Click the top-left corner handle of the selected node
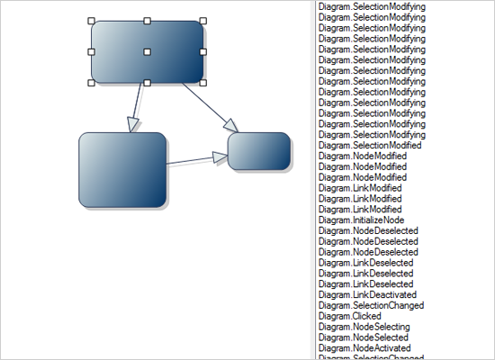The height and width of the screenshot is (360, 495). pos(91,21)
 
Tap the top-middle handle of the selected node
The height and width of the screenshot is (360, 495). pos(147,21)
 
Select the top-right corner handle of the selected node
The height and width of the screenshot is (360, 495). pos(202,21)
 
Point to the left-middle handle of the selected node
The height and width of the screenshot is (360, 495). pos(91,52)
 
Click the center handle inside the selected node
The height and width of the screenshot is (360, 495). pos(147,52)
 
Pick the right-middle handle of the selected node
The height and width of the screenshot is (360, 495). pos(202,52)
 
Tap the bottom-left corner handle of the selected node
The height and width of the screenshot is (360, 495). pos(91,83)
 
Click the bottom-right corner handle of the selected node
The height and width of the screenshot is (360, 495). pos(202,83)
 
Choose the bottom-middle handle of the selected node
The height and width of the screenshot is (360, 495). pos(147,83)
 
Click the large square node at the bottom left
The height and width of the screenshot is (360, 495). pos(122,170)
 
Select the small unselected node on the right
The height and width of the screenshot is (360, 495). pos(259,150)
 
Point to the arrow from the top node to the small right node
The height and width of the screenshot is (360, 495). pos(210,106)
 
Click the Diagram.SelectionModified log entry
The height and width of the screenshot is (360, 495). pos(370,145)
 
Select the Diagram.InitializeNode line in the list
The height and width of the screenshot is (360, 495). pos(362,220)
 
